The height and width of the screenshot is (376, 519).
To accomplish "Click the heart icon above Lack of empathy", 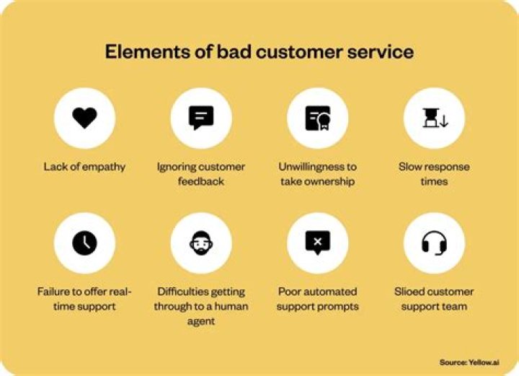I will [84, 118].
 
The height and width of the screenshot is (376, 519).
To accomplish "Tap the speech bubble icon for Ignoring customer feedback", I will [201, 118].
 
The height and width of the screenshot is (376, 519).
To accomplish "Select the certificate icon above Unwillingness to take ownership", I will [317, 118].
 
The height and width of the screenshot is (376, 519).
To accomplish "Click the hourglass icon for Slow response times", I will [434, 118].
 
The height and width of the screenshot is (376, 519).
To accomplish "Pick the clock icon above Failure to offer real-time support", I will [84, 243].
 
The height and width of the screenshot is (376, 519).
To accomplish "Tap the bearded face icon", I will [201, 243].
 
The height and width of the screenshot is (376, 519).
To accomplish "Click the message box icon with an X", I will [317, 243].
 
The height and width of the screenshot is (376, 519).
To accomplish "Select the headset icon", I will [434, 243].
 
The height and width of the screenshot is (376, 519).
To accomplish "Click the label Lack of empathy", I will [84, 167].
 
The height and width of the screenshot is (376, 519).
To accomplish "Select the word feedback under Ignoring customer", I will [201, 181].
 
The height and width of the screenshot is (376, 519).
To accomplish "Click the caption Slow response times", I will [434, 174].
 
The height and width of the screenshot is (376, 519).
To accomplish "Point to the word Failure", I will [53, 292].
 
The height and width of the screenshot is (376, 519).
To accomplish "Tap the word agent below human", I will [201, 321].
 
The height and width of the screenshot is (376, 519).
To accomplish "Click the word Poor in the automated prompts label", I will [290, 292].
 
